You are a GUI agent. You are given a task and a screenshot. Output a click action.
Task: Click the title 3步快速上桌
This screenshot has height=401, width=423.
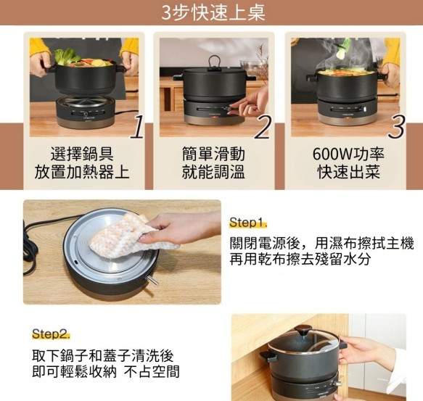click(213, 12)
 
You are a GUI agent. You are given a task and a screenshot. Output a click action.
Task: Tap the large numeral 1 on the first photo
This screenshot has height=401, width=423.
click(138, 127)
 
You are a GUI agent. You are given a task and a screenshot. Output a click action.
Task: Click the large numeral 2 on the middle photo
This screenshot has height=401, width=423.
click(263, 127)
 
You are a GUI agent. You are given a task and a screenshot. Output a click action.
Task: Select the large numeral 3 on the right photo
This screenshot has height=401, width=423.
click(397, 127)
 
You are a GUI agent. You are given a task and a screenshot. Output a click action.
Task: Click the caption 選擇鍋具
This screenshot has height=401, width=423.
click(82, 154)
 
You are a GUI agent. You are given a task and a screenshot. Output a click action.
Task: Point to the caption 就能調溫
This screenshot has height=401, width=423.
click(213, 172)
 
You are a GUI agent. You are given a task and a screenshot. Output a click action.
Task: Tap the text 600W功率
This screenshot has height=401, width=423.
click(348, 154)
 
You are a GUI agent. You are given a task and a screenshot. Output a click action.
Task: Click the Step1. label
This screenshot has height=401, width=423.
click(248, 223)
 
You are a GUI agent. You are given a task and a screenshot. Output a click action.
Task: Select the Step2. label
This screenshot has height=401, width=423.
click(51, 334)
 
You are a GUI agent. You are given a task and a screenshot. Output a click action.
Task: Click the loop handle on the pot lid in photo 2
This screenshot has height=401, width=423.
click(215, 62)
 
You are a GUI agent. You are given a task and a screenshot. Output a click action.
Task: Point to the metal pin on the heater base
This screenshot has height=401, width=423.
click(152, 280)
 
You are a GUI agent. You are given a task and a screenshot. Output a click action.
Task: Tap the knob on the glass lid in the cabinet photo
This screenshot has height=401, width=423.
click(303, 331)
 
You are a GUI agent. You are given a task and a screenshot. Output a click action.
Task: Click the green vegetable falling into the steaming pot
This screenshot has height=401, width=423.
click(345, 48)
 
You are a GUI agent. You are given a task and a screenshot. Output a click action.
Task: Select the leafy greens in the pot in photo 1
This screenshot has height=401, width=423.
click(65, 56)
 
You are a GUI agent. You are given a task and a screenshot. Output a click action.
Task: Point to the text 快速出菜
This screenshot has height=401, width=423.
click(349, 172)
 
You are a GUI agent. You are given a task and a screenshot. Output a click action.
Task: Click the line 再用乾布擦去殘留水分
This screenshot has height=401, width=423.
click(300, 259)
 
